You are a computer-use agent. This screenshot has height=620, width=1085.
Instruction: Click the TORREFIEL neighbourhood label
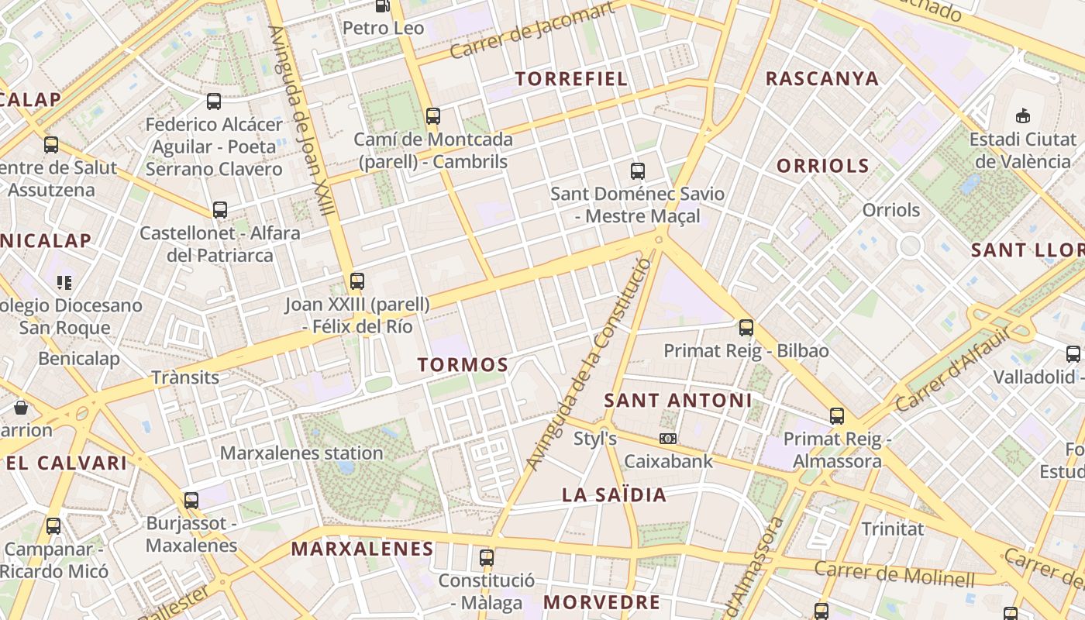(x=571, y=78)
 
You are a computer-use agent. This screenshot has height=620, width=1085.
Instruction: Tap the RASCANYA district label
(x=822, y=78)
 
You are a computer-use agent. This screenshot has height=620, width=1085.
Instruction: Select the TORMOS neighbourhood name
(x=463, y=364)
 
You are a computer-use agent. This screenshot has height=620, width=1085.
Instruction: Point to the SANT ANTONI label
(x=677, y=400)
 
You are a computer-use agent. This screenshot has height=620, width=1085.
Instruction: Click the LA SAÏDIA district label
(x=614, y=494)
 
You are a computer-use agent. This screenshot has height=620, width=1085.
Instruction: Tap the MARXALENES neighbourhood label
(x=362, y=549)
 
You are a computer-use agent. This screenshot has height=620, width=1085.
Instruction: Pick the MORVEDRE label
(x=601, y=601)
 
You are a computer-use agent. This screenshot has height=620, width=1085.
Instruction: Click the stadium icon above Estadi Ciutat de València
(x=1023, y=115)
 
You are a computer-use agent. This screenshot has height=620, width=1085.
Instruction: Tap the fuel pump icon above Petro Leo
(x=382, y=5)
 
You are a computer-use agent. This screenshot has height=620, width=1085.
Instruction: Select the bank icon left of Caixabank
(x=667, y=439)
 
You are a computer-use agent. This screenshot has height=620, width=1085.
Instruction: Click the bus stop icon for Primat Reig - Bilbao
(x=746, y=327)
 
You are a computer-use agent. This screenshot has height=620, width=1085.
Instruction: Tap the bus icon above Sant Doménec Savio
(x=638, y=170)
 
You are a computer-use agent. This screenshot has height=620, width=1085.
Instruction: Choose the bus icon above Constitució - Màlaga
(x=487, y=557)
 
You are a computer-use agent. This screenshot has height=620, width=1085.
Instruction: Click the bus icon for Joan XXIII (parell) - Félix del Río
(x=357, y=281)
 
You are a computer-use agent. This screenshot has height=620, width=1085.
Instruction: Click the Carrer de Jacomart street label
(x=532, y=31)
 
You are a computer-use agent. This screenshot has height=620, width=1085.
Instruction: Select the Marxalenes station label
(x=301, y=453)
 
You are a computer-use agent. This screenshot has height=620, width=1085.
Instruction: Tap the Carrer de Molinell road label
(x=894, y=573)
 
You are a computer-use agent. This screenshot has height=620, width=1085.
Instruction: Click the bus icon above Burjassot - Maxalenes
(x=191, y=500)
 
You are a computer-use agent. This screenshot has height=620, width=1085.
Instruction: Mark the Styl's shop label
(x=595, y=439)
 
